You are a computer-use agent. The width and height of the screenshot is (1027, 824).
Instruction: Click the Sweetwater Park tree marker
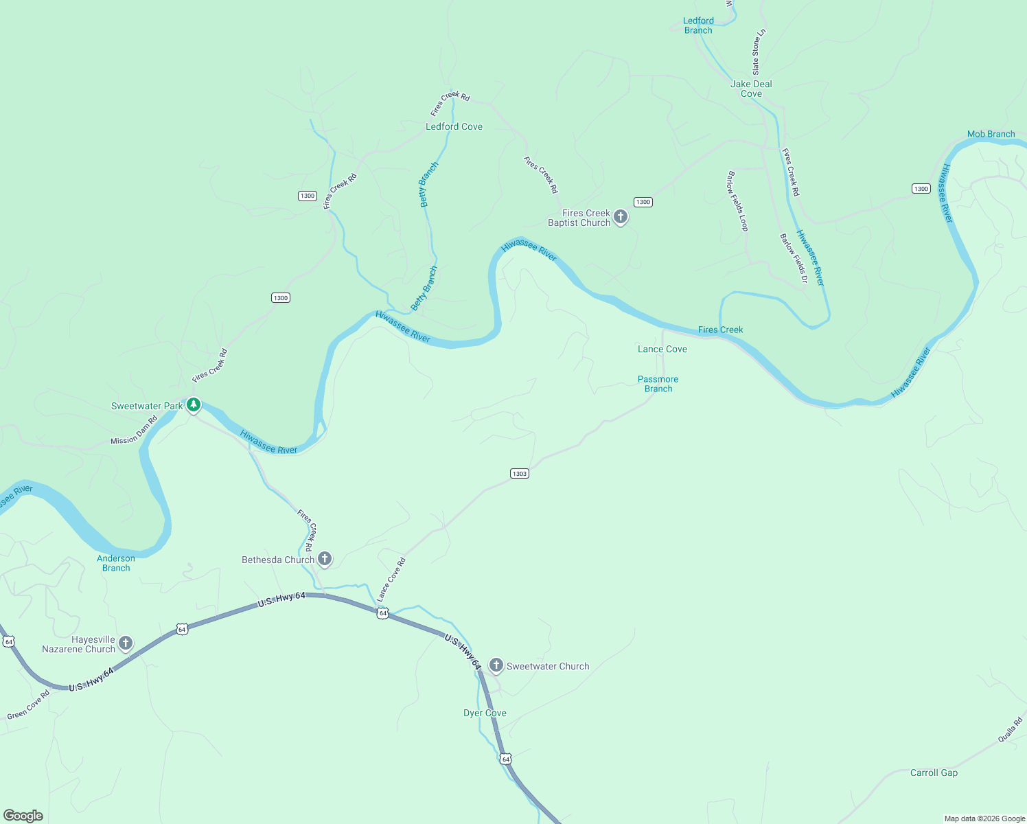[x=194, y=405]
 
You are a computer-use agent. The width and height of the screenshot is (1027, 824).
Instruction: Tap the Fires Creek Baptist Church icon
[x=620, y=218]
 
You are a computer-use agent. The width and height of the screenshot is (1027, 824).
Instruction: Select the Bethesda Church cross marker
[x=325, y=559]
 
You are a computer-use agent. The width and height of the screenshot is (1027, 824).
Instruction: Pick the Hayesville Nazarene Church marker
[x=125, y=643]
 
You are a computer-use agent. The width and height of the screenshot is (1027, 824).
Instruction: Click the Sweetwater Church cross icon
[x=496, y=665]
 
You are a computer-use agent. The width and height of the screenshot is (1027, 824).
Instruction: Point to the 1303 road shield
[x=520, y=473]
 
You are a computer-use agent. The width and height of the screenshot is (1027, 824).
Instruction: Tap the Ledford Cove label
[x=454, y=126]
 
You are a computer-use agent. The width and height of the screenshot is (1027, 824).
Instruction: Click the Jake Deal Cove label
[x=751, y=89]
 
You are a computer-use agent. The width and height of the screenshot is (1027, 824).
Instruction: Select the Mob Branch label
[x=991, y=134]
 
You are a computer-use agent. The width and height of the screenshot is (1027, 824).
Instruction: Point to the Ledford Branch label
[x=698, y=25]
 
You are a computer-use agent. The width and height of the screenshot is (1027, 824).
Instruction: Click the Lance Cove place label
[x=662, y=349]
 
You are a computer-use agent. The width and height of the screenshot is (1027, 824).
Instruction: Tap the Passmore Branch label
[x=658, y=384]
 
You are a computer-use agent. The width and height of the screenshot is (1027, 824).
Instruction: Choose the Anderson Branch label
[x=116, y=563]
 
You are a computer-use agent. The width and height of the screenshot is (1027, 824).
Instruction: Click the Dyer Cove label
[x=485, y=713]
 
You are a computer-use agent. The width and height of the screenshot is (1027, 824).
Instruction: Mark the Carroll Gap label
[x=934, y=772]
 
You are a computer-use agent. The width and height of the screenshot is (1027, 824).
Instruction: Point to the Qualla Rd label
[x=1010, y=729]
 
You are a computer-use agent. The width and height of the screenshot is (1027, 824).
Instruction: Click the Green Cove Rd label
[x=29, y=705]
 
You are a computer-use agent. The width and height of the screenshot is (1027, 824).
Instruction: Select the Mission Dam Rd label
[x=135, y=430]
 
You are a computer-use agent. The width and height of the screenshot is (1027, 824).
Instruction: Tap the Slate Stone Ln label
[x=758, y=52]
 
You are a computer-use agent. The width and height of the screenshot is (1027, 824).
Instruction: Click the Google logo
[x=23, y=815]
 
